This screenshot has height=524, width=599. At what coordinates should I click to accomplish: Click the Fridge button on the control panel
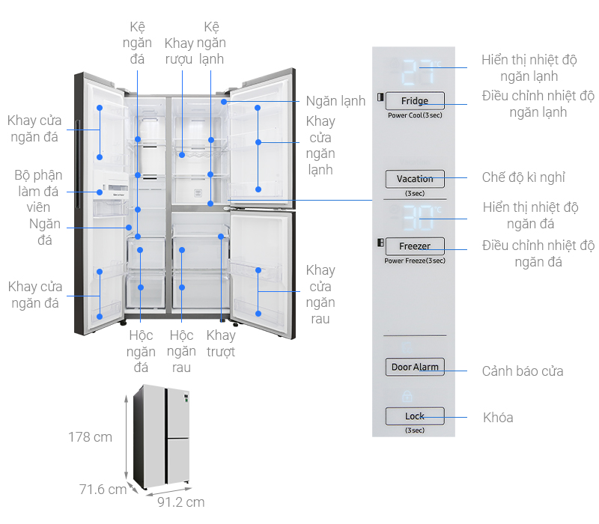pos(415,101)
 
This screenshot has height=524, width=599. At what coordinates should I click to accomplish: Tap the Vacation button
pos(415,179)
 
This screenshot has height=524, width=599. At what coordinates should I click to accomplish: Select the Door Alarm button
pos(415,367)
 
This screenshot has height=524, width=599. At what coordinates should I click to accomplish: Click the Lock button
pos(415,416)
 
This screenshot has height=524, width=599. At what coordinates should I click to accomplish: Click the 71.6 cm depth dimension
pos(103,490)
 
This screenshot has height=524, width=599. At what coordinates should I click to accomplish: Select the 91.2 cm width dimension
pos(180,502)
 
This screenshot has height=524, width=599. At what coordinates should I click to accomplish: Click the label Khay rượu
pos(179,51)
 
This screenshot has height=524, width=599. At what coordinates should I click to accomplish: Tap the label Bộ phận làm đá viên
pos(35,191)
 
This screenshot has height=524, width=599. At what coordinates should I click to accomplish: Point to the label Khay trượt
pos(221,343)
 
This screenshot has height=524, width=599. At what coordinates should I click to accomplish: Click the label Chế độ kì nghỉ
pos(523,177)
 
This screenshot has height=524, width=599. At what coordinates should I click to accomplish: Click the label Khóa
pos(498,418)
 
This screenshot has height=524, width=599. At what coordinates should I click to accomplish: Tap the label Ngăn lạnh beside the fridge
pos(335,101)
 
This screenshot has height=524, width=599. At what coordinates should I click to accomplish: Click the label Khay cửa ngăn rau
pos(320,294)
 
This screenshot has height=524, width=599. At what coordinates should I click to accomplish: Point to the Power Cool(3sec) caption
pos(415,116)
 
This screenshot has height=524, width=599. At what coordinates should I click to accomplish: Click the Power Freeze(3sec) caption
pos(415,261)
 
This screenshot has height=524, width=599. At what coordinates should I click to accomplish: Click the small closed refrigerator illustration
pos(162,436)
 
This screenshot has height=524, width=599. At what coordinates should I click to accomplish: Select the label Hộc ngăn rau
pos(180,351)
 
